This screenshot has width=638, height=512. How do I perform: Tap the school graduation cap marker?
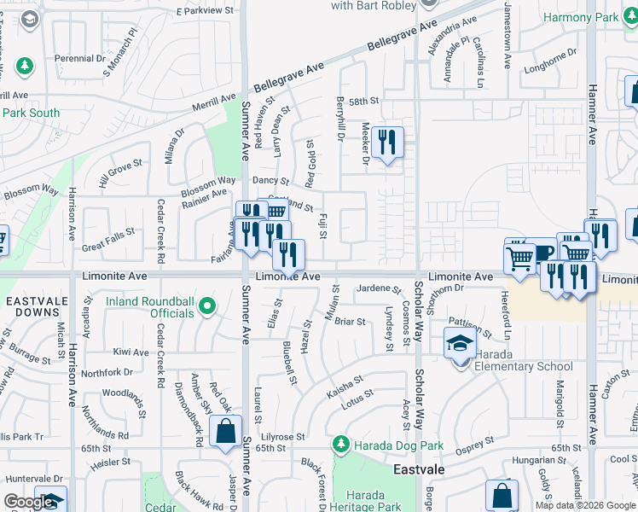[x=460, y=346]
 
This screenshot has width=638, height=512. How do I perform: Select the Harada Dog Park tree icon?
[x=341, y=445]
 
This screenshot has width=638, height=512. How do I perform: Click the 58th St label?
[x=362, y=101]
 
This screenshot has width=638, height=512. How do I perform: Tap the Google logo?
[x=28, y=502]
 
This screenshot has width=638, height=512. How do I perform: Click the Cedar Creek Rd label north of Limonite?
[x=160, y=231]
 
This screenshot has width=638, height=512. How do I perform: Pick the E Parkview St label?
[x=205, y=10]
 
